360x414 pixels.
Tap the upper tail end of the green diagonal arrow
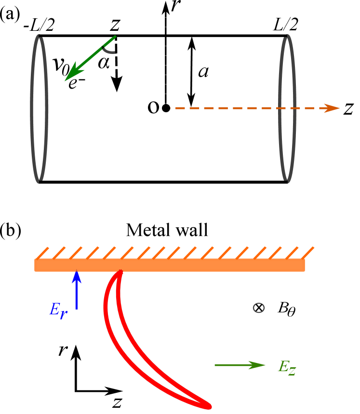point(115,37)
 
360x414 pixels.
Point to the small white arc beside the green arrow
point(109,49)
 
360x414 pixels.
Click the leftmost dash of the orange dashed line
point(179,108)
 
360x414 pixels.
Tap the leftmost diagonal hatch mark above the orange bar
point(42,253)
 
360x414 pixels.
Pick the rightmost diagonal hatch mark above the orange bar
point(308,253)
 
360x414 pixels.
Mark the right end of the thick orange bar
point(303,265)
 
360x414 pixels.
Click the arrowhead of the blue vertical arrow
point(76,276)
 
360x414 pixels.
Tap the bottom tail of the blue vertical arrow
point(76,309)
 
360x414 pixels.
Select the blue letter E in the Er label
point(54,309)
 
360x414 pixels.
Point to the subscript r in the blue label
point(63,314)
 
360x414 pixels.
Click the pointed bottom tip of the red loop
point(209,407)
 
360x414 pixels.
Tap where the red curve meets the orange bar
point(120,272)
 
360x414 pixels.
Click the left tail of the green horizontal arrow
point(216,365)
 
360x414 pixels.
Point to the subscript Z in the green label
point(292,371)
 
